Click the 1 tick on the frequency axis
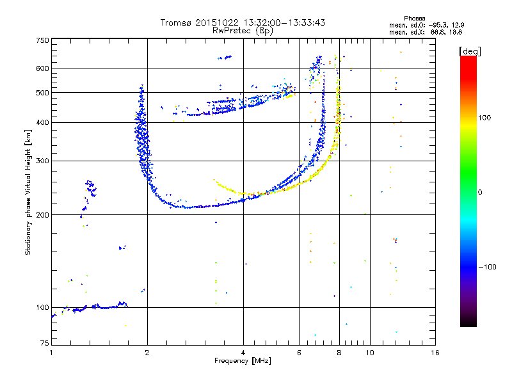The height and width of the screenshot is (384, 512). pyautogui.click(x=51, y=353)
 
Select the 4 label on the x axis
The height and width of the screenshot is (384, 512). pyautogui.click(x=243, y=353)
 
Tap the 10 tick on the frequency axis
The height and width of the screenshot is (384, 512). pyautogui.click(x=369, y=353)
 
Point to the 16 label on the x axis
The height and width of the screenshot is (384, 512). pyautogui.click(x=435, y=353)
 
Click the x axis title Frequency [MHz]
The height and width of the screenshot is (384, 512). pyautogui.click(x=243, y=361)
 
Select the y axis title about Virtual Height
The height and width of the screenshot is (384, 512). pyautogui.click(x=28, y=193)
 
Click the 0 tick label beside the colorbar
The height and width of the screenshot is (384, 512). pyautogui.click(x=480, y=192)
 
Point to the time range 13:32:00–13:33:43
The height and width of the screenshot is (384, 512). pyautogui.click(x=282, y=22)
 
